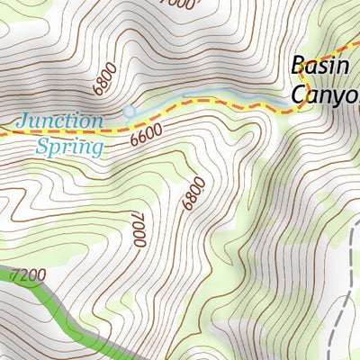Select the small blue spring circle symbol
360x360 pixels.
point(129,112)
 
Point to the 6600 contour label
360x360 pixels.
point(146,135)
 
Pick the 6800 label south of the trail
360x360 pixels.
point(193,193)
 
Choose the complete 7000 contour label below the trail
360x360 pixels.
point(137,229)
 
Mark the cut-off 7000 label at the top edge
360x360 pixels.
point(181,4)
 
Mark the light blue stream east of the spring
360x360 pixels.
point(207,96)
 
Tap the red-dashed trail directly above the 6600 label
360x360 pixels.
point(148,121)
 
